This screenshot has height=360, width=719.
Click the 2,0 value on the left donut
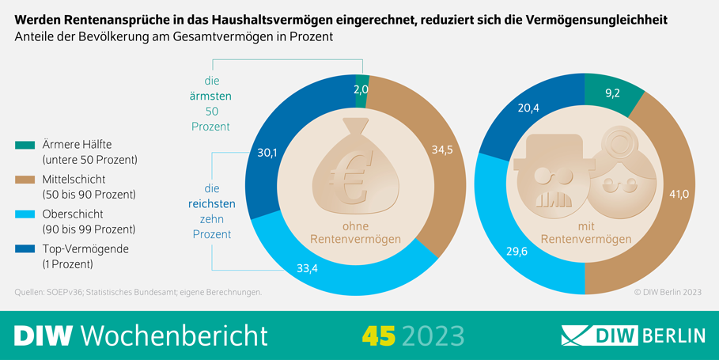(361, 89)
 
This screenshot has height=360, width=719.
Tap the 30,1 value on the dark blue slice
(268, 153)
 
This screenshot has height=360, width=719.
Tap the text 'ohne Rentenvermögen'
(354, 233)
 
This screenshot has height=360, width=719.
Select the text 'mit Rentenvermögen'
(585, 233)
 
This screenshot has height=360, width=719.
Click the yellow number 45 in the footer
(378, 335)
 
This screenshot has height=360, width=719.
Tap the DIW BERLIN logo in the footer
(633, 335)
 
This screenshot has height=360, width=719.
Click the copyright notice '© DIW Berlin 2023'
(667, 293)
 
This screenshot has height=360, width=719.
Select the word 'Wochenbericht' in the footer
(174, 335)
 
